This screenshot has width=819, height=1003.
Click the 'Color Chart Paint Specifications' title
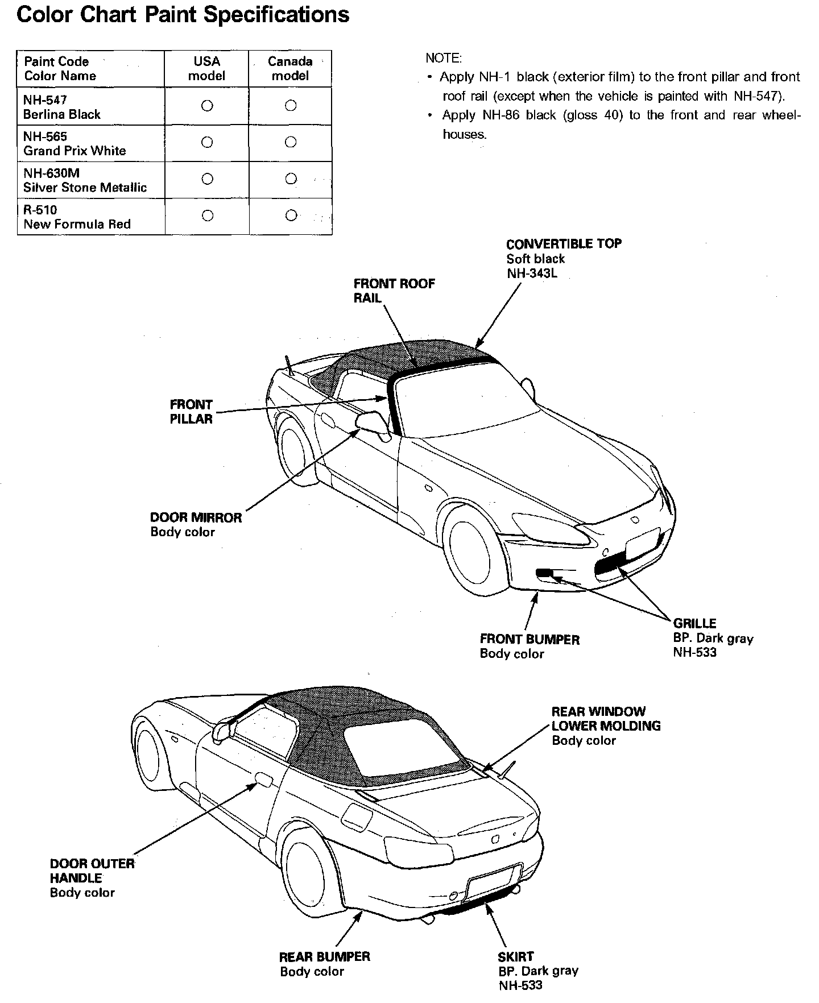tap(183, 15)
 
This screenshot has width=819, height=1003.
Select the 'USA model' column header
tap(206, 69)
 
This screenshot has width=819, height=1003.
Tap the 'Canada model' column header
tap(290, 69)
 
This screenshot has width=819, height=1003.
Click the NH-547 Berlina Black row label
tap(61, 107)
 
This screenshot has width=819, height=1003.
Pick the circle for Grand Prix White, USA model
tap(208, 142)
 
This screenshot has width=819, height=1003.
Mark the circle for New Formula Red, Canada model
tap(291, 215)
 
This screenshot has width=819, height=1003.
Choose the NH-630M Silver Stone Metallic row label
tap(85, 180)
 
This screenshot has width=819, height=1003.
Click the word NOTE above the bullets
tap(444, 59)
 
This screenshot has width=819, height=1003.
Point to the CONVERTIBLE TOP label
tap(564, 244)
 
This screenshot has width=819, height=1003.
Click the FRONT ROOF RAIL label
tap(394, 291)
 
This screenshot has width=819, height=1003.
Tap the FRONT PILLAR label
tap(191, 412)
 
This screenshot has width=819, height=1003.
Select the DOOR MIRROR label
tap(196, 517)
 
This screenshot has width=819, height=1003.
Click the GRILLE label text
tap(694, 623)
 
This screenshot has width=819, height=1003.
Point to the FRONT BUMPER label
tap(530, 640)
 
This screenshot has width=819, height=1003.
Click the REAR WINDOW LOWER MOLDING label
tap(606, 719)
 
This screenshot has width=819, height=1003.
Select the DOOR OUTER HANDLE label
tap(92, 871)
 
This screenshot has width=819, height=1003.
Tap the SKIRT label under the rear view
tap(515, 957)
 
